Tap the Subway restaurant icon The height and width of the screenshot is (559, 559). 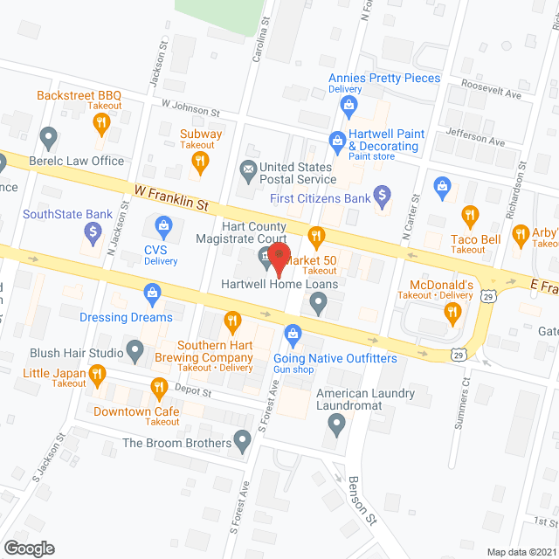pos(201,160)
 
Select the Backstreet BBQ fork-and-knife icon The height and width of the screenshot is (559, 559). pos(101,123)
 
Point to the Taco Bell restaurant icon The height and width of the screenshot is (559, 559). pos(470,215)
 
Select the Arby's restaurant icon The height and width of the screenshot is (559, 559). pos(523,233)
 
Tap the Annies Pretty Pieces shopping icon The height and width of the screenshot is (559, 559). pos(349,107)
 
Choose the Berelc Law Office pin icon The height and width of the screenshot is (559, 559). pos(49,137)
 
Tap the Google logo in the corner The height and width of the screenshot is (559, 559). pos(29,548)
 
